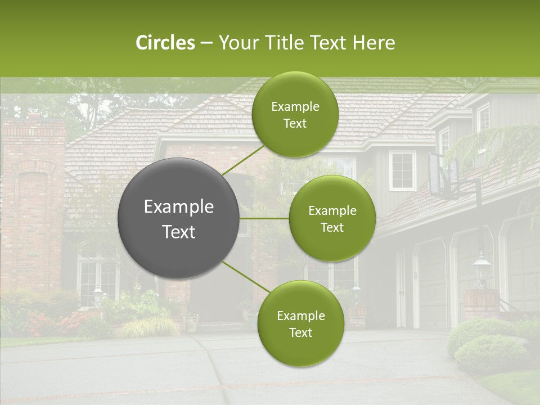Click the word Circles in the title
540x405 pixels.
coord(165,43)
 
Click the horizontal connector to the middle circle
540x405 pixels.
coord(264,218)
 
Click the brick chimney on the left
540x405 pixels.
coord(34,197)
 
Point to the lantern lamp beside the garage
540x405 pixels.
coord(481,267)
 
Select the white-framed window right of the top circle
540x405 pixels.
coord(402,170)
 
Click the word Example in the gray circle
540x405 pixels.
coord(179,207)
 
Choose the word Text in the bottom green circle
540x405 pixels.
coord(300,332)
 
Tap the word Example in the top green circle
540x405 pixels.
coord(295,106)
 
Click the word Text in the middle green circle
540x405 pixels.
coord(332,227)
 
